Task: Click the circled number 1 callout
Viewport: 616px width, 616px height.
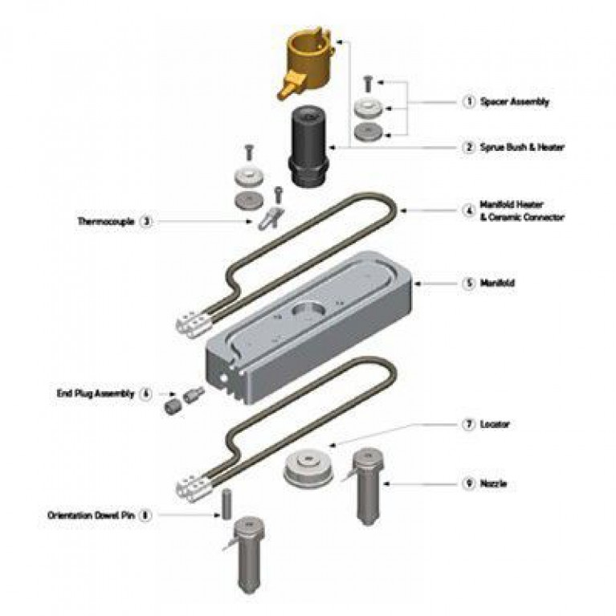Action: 469,102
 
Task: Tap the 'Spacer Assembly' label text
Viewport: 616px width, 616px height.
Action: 515,102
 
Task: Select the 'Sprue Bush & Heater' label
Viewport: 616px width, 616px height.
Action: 522,147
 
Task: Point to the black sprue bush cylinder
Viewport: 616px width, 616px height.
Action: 308,148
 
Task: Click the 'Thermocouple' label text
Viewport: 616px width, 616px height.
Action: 106,221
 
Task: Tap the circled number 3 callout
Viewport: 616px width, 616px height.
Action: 145,222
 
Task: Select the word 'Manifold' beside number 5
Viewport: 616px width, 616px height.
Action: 497,283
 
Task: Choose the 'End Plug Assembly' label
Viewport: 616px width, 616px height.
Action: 96,394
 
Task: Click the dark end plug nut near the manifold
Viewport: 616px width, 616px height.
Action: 172,406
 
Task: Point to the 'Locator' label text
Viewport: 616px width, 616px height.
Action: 495,424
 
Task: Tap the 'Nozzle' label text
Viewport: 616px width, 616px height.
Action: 493,483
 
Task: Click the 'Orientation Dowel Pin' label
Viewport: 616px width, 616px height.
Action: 91,515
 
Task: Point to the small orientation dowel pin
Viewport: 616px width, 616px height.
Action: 226,504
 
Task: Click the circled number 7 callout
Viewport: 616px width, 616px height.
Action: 469,424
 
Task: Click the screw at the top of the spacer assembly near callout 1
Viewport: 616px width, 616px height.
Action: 368,84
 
